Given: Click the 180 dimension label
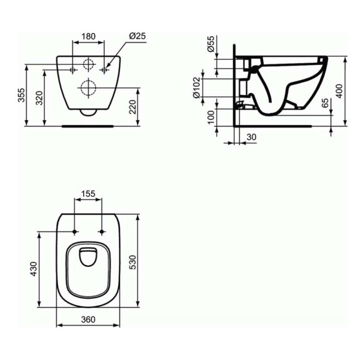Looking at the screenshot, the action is pos(89,36).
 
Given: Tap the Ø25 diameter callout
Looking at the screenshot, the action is pos(137,36).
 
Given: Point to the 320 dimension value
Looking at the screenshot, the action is pos(39,98).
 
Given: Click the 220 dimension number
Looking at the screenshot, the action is pos(133,107).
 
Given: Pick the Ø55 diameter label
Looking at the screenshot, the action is pos(211,44).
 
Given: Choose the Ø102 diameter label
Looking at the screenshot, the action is pos(197,88).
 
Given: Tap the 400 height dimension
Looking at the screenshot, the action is pos(339,91).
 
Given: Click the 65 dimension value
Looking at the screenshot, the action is pos(325,103).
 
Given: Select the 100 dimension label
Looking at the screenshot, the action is pos(211,117).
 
